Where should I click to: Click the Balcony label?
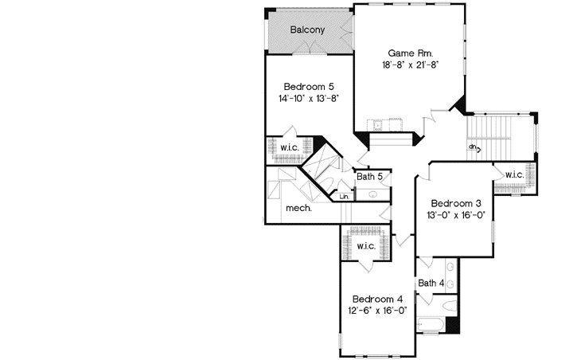pyautogui.click(x=306, y=29)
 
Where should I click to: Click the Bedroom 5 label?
pyautogui.click(x=308, y=87)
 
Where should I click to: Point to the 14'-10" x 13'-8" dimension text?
pyautogui.click(x=309, y=100)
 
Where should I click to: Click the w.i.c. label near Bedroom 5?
pyautogui.click(x=288, y=147)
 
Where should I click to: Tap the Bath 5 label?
pyautogui.click(x=370, y=177)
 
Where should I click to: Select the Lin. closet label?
pyautogui.click(x=345, y=196)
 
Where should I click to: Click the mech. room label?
pyautogui.click(x=298, y=209)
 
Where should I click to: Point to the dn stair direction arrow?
pyautogui.click(x=474, y=147)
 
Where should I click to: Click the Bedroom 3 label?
pyautogui.click(x=450, y=202)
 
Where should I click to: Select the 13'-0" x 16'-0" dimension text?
pyautogui.click(x=450, y=215)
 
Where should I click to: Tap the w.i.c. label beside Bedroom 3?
pyautogui.click(x=513, y=174)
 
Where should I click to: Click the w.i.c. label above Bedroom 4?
pyautogui.click(x=365, y=246)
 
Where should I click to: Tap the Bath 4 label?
pyautogui.click(x=431, y=283)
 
